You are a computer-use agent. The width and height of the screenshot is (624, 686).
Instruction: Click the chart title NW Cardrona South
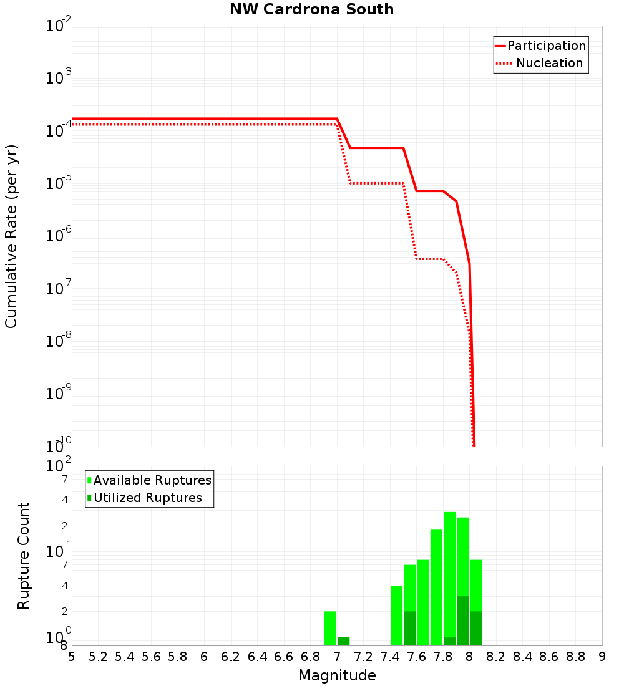(x=311, y=10)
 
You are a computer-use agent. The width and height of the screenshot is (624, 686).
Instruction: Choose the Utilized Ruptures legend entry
(x=147, y=498)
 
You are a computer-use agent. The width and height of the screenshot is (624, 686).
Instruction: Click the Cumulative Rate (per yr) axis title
(x=11, y=236)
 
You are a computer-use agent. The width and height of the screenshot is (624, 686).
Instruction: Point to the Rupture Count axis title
(x=24, y=556)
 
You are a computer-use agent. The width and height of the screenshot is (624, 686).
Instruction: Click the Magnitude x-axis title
(x=337, y=675)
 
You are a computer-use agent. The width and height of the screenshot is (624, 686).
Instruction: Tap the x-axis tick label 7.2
(x=363, y=657)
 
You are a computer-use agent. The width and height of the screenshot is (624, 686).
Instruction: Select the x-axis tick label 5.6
(x=151, y=657)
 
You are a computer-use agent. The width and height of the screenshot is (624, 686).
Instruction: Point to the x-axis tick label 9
(x=602, y=657)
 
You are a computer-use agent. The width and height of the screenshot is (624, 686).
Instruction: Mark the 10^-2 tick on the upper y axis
(x=59, y=26)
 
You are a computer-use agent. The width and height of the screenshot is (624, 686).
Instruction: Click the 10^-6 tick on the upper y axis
(x=59, y=236)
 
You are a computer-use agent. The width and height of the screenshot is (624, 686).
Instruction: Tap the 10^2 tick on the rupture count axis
(x=59, y=466)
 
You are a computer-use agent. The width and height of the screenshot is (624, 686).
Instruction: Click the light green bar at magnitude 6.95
(x=330, y=628)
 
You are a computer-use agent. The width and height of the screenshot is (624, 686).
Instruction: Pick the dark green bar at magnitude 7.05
(x=343, y=641)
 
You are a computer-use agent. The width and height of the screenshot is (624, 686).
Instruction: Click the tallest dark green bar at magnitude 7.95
(x=462, y=621)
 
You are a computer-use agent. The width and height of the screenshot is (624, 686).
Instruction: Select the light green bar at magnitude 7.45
(x=396, y=616)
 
